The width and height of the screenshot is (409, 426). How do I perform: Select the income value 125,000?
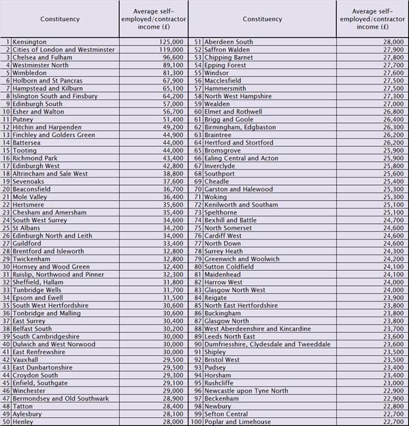[169, 42]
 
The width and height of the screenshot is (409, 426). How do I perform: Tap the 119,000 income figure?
[169, 50]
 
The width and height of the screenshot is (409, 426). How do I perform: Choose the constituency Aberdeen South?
[229, 42]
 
